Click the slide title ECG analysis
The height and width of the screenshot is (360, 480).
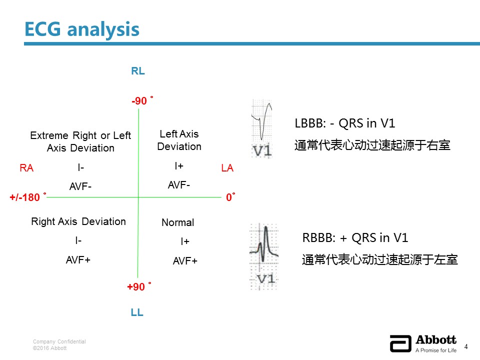click(81, 29)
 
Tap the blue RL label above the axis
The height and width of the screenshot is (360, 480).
click(138, 71)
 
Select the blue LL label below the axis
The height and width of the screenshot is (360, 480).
click(137, 312)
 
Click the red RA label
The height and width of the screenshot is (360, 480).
click(26, 168)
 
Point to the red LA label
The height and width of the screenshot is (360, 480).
click(227, 168)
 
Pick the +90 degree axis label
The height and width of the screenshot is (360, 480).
click(139, 286)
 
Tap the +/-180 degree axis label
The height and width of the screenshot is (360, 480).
click(28, 197)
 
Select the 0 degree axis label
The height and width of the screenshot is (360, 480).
click(230, 197)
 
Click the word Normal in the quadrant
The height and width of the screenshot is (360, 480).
click(178, 222)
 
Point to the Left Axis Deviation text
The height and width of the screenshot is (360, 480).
click(179, 140)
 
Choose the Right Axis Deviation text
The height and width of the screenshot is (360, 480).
click(78, 221)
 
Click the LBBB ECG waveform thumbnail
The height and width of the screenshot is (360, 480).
click(261, 128)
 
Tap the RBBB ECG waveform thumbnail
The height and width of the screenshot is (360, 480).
click(264, 256)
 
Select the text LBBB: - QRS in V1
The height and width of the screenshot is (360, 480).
click(345, 123)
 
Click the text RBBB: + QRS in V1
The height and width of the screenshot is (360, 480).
click(355, 238)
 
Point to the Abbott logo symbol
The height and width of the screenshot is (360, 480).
click(400, 343)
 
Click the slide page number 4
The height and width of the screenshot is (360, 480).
click(466, 346)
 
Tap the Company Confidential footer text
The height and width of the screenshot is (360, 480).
click(59, 341)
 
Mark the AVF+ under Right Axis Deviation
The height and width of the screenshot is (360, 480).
click(78, 260)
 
